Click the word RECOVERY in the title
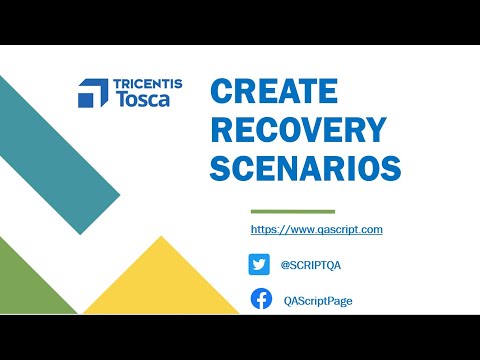[298, 130]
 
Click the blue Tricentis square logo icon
[93, 92]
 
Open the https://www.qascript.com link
[316, 230]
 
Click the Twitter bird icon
[260, 264]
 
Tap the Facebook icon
[260, 299]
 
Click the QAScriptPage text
[318, 300]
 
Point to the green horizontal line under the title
[292, 212]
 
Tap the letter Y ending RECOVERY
[375, 130]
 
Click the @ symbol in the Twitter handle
[285, 265]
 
